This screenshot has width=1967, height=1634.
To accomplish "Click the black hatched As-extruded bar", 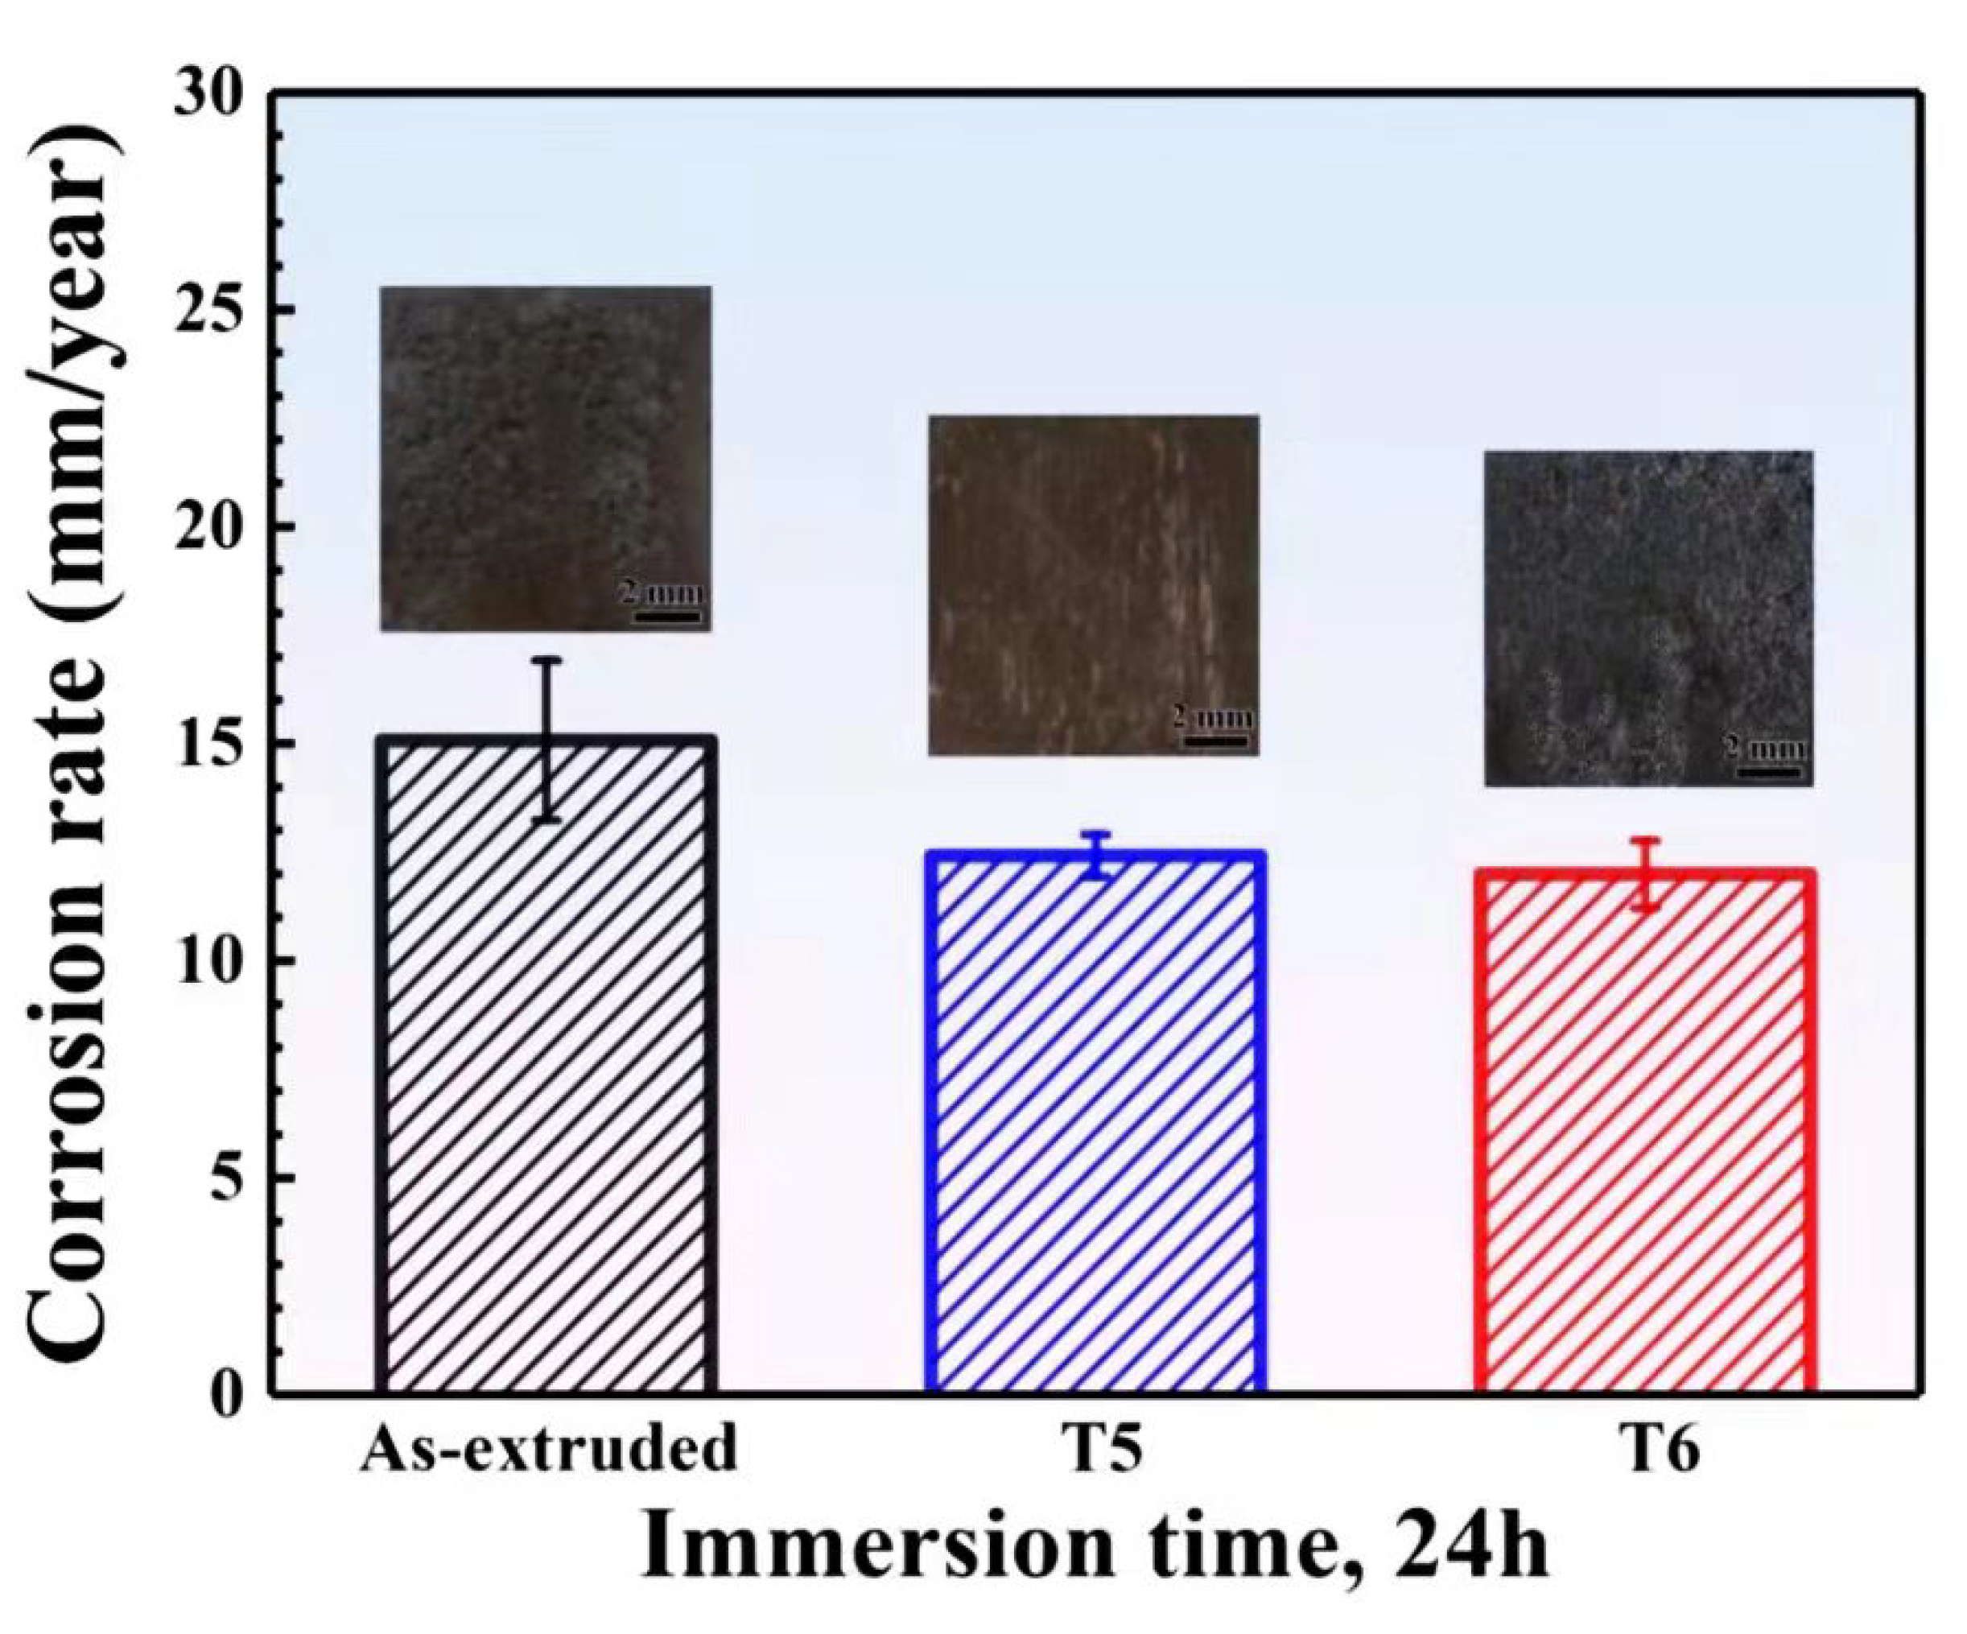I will pyautogui.click(x=547, y=1068).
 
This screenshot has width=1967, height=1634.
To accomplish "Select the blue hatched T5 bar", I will pyautogui.click(x=1096, y=1124).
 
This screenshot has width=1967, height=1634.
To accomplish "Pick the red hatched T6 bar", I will pyautogui.click(x=1646, y=1133).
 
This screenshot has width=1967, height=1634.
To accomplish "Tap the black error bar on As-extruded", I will pyautogui.click(x=551, y=741).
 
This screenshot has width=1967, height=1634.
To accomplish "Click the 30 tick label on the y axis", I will pyautogui.click(x=210, y=93).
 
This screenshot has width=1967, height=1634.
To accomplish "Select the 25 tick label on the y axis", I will pyautogui.click(x=210, y=310).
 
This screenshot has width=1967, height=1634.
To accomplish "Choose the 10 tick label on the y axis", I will pyautogui.click(x=210, y=961).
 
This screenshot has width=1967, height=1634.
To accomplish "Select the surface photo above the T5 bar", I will pyautogui.click(x=1092, y=584).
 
